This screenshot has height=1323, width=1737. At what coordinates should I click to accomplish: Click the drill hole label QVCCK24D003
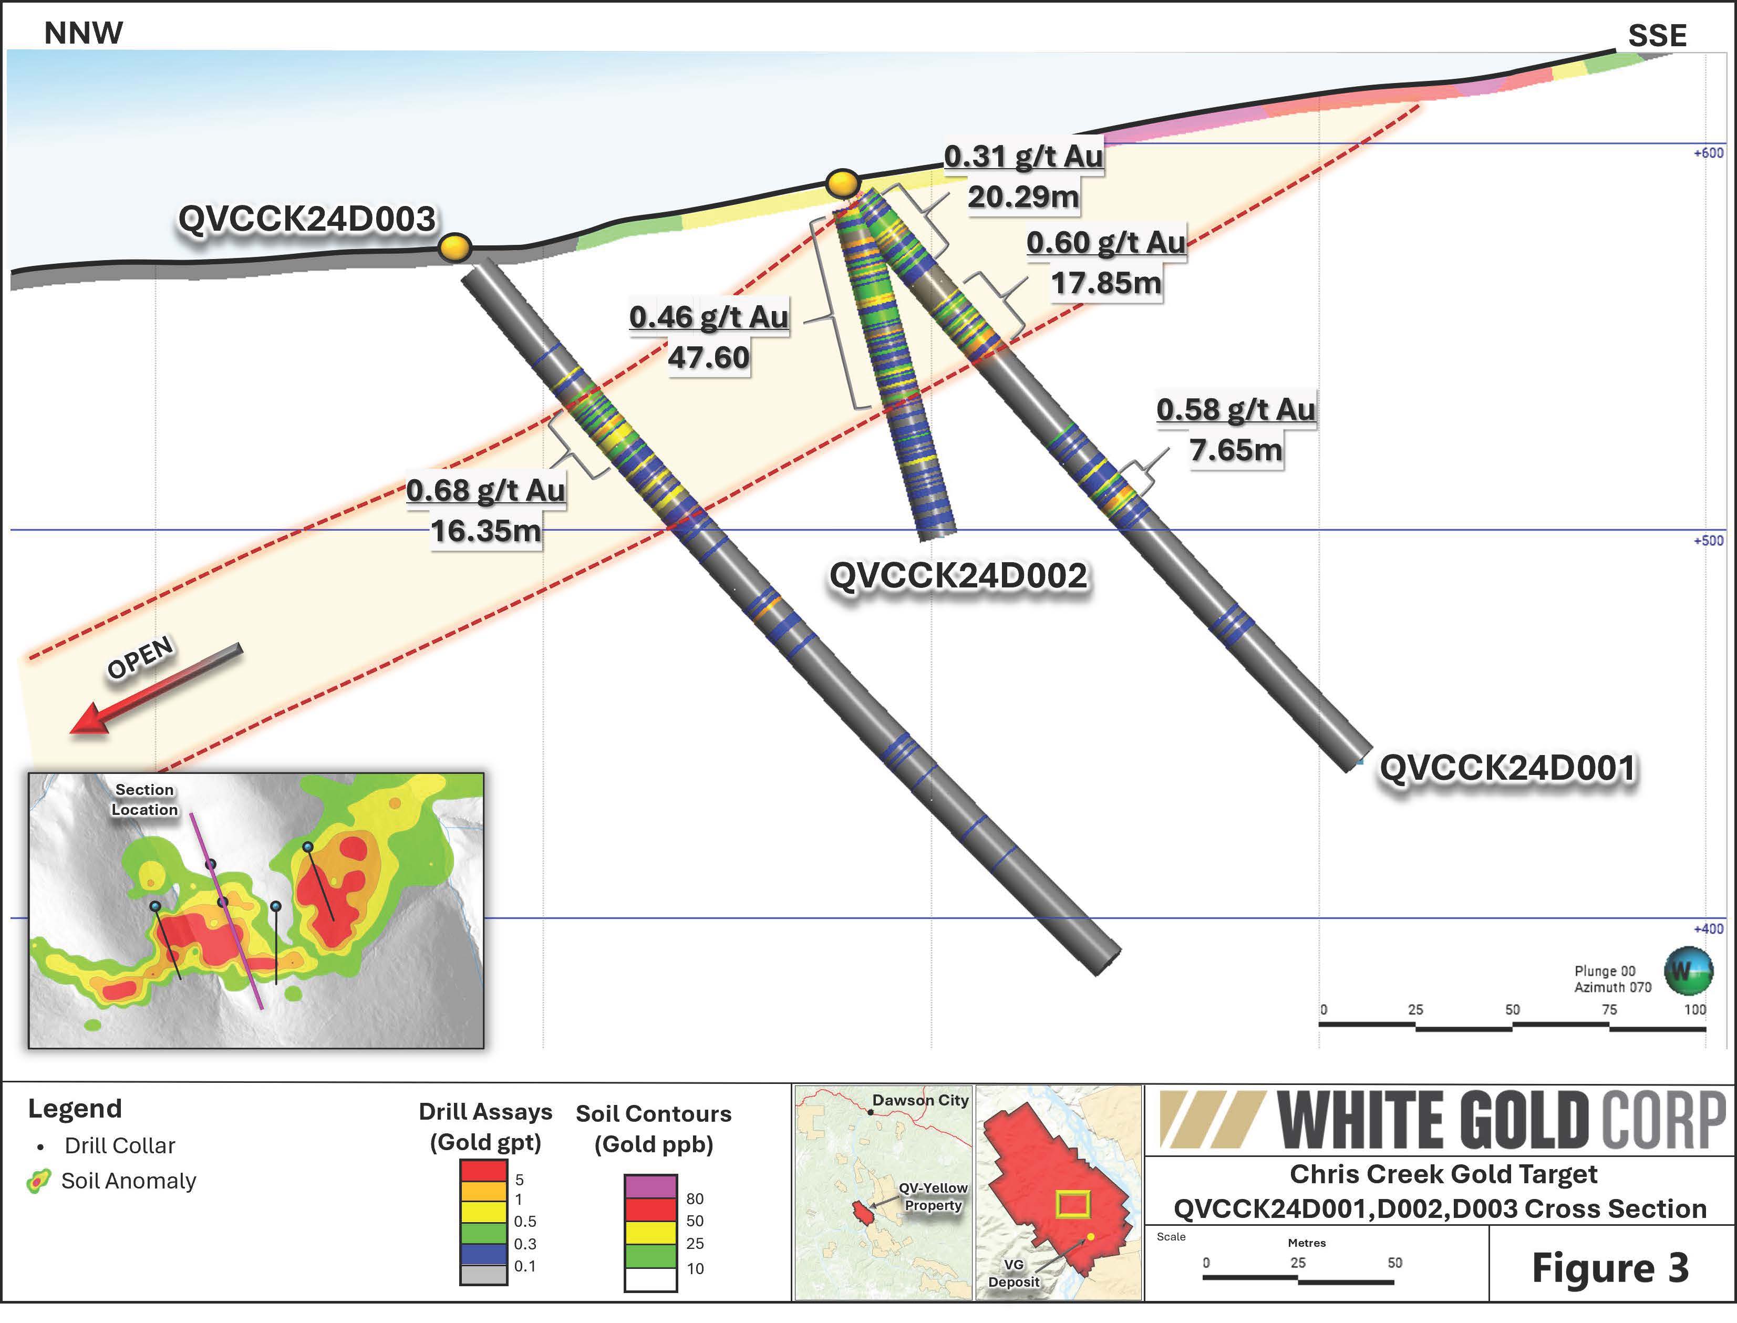click(306, 219)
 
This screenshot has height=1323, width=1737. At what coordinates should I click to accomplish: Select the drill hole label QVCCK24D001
click(1507, 768)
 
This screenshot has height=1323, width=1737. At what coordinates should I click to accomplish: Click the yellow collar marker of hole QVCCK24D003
click(455, 247)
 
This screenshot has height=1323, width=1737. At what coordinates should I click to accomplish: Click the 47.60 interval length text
click(709, 357)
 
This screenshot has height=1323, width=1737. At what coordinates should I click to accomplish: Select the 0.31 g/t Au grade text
click(1023, 156)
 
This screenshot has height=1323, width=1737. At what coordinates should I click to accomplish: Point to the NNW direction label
click(84, 33)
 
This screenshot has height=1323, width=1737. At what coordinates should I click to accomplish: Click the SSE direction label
click(1657, 35)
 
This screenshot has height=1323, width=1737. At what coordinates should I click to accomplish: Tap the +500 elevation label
click(1708, 541)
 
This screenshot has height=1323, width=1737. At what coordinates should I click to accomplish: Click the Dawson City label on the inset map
click(919, 1100)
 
